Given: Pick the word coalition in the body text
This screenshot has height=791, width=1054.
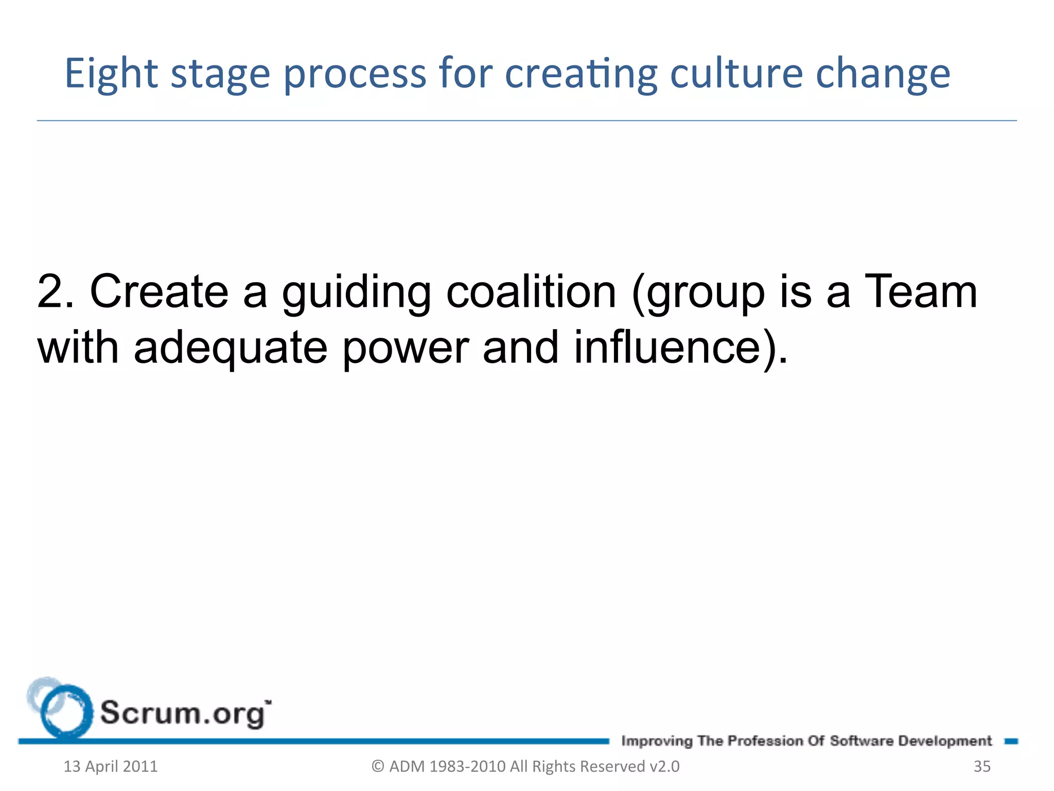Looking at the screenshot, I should [531, 292].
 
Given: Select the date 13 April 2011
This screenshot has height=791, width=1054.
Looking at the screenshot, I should [111, 766].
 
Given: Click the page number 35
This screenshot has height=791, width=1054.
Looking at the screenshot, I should [982, 766].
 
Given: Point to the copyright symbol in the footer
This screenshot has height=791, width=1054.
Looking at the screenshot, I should [378, 766].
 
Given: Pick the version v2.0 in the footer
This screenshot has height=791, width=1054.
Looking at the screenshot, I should [664, 766].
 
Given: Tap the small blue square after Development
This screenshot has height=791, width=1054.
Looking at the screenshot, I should [1011, 741].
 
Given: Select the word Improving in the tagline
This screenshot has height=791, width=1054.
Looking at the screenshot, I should [657, 742].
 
